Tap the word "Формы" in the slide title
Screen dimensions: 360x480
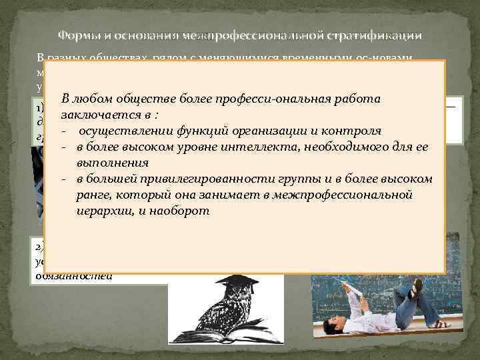[78, 35]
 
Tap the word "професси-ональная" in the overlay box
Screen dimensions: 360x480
[257, 99]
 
